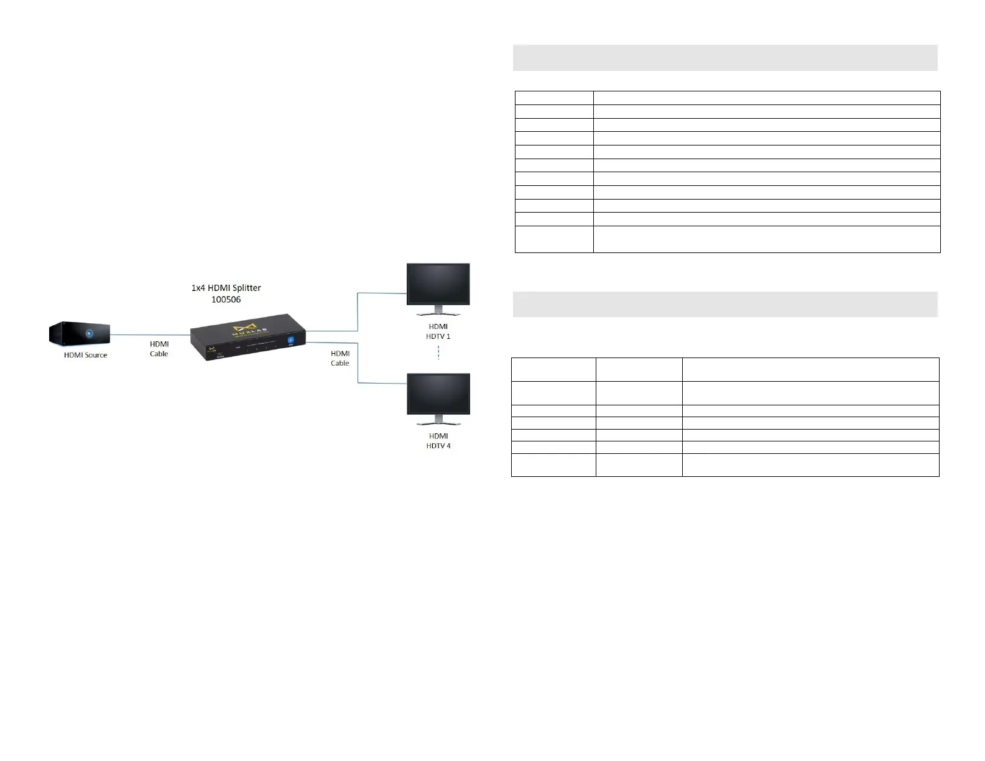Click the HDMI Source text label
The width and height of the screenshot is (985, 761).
[x=85, y=355]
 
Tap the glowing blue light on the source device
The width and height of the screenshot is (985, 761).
[x=89, y=333]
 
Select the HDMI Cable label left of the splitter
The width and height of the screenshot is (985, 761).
[x=159, y=349]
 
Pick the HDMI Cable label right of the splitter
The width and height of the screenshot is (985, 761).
[x=340, y=358]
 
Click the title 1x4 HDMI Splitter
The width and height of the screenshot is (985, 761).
[x=226, y=288]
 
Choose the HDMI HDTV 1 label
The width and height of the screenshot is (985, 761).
[x=438, y=331]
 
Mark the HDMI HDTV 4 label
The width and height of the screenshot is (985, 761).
[x=438, y=441]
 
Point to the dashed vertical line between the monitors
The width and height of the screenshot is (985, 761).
[x=438, y=353]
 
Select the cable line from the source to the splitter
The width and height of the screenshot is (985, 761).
[x=150, y=334]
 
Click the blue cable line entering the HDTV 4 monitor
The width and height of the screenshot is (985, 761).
[x=382, y=382]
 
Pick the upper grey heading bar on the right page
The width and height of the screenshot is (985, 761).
[x=724, y=58]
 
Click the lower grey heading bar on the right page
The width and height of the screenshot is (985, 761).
[x=724, y=304]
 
